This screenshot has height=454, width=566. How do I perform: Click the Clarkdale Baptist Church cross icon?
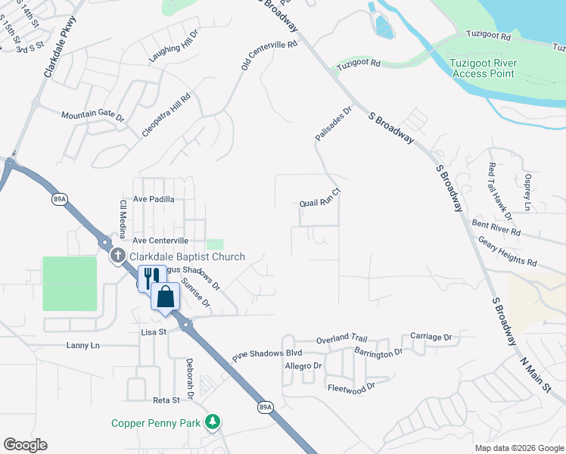(x=117, y=256)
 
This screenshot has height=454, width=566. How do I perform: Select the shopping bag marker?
(x=165, y=296)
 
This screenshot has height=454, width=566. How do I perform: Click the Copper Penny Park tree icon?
(x=214, y=422)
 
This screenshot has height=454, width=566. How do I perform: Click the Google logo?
(x=25, y=445)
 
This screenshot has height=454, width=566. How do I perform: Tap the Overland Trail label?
(x=341, y=338)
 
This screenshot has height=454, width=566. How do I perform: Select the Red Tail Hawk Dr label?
(x=493, y=187)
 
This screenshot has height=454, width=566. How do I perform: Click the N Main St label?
(x=538, y=363)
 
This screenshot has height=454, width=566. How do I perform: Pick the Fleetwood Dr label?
(x=351, y=388)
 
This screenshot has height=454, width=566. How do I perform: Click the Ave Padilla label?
(x=154, y=200)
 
